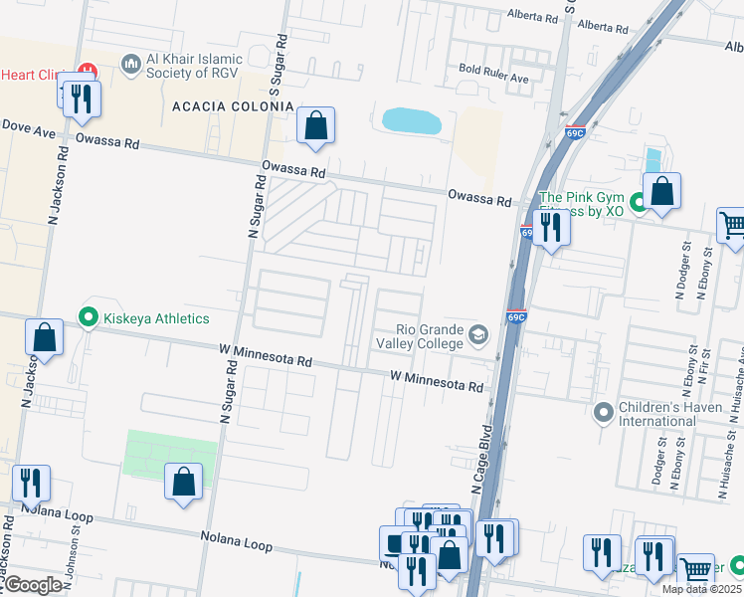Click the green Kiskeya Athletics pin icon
88,318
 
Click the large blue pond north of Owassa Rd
411,122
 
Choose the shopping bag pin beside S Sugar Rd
316,125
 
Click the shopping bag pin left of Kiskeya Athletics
45,337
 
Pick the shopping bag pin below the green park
184,483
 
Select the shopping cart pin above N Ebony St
731,225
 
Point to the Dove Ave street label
28,127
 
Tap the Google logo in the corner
33,584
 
